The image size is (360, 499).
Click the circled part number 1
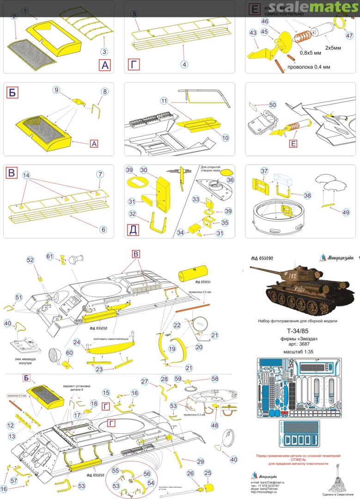click(24, 10)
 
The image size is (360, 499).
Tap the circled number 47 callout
click(349, 36)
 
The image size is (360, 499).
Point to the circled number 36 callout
click(230, 180)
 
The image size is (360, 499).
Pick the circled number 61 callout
click(49, 257)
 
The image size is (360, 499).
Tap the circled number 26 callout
click(190, 473)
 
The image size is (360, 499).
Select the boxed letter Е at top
click(254, 9)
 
